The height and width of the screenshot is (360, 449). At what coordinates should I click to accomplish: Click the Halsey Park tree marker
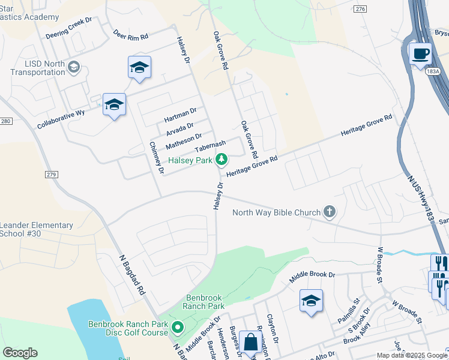tap(222, 160)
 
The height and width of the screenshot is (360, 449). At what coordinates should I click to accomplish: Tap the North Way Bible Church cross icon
tap(329, 211)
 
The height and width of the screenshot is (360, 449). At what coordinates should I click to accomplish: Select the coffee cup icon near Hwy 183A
tap(420, 53)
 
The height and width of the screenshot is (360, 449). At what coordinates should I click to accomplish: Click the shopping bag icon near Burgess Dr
tap(250, 343)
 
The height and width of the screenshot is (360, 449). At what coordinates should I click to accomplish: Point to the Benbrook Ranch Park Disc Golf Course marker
tap(178, 328)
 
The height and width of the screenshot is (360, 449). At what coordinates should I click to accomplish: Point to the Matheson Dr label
tap(184, 142)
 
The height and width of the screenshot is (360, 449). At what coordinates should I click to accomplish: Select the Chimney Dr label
tap(156, 158)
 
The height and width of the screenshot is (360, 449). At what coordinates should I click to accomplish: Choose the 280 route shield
tap(6, 121)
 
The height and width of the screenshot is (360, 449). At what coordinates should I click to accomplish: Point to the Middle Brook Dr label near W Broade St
tap(312, 277)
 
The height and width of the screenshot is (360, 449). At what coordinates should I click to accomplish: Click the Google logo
tap(20, 353)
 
